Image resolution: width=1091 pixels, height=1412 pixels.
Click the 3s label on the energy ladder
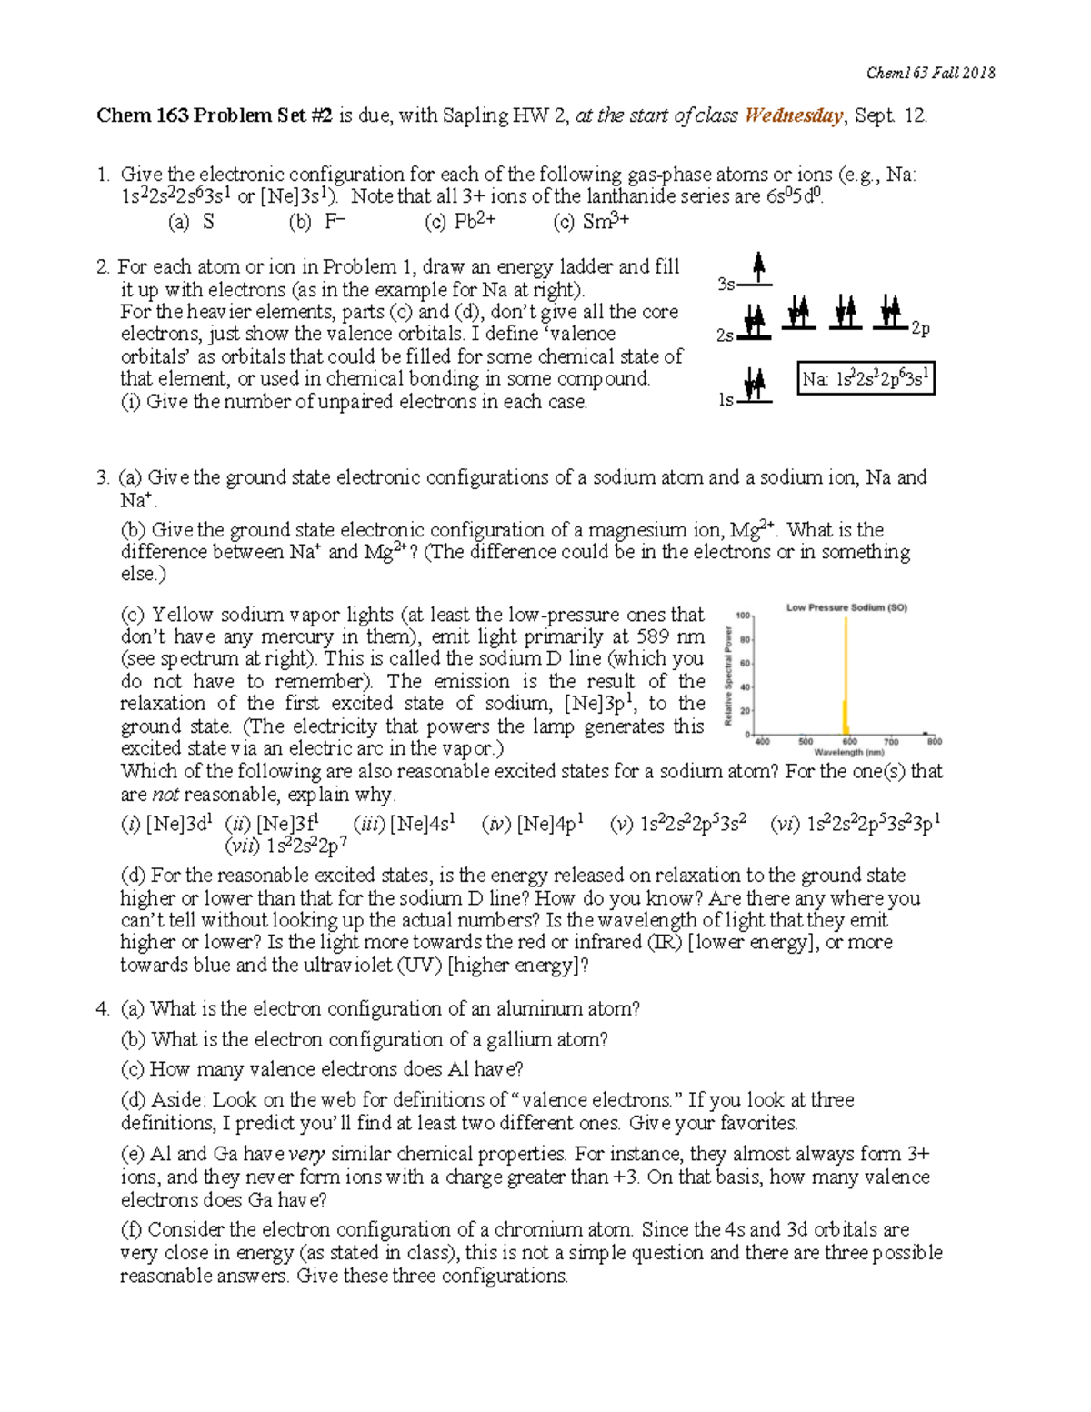726,284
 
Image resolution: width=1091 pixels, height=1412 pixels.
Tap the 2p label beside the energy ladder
920,328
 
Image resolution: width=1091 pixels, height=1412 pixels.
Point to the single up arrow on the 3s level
758,269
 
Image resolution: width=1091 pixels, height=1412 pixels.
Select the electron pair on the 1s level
754,385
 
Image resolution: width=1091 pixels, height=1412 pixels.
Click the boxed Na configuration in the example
866,379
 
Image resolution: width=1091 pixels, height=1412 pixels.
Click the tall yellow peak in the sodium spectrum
846,673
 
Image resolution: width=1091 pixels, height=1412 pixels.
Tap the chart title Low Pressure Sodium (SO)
846,607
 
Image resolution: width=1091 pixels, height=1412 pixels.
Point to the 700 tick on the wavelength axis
892,742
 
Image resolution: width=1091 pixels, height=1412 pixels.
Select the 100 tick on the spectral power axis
743,616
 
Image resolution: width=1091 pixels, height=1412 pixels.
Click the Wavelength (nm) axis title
848,753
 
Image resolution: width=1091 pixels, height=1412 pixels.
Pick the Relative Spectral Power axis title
728,676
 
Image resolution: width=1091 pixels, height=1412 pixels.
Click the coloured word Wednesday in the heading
794,115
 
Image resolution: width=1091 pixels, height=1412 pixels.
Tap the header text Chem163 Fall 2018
931,73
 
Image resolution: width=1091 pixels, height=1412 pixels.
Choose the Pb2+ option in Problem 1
460,221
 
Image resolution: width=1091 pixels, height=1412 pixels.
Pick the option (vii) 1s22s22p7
285,847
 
